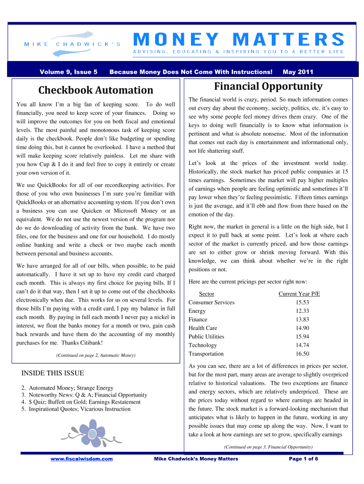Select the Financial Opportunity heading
[x=268, y=86]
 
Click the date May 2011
[x=298, y=72]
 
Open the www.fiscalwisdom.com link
[x=82, y=458]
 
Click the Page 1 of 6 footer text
[x=303, y=458]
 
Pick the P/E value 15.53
[x=302, y=302]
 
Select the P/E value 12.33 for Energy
[x=302, y=311]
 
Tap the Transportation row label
[x=206, y=354]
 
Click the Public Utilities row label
[x=206, y=337]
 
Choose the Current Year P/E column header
[x=299, y=294]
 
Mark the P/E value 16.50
[x=302, y=354]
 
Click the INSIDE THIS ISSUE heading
[x=52, y=373]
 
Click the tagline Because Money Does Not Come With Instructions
[x=191, y=72]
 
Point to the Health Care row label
[x=203, y=328]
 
